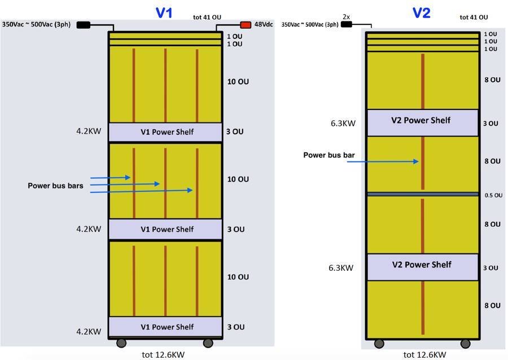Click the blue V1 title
(x=164, y=12)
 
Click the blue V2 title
(x=422, y=12)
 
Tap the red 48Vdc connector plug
(x=246, y=25)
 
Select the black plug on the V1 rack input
(x=83, y=25)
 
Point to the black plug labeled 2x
(x=346, y=24)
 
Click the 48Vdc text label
(x=264, y=25)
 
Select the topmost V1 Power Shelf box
(x=165, y=132)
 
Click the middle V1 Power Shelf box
(x=165, y=229)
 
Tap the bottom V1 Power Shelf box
(x=165, y=327)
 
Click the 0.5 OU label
(x=493, y=195)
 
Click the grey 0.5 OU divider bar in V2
(x=422, y=194)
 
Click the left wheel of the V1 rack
(x=121, y=343)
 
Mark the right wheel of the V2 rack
(x=466, y=344)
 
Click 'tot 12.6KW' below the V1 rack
(x=163, y=354)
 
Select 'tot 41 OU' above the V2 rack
(x=474, y=17)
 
